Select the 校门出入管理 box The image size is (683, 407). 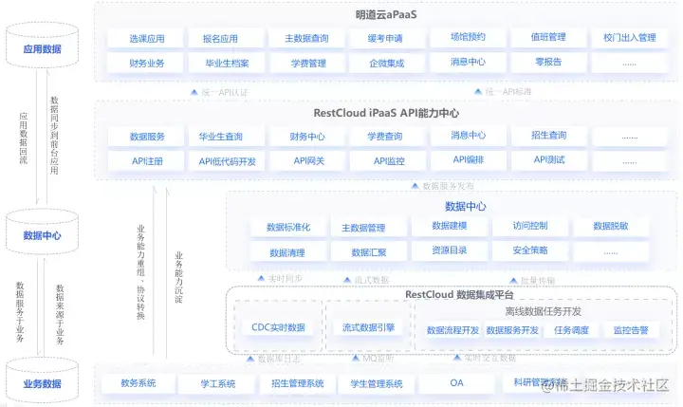click(629, 38)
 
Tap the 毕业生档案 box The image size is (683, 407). click(220, 64)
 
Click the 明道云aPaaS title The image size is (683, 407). click(386, 14)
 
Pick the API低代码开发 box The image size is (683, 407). click(228, 161)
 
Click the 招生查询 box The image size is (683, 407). click(549, 137)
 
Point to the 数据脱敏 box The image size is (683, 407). click(609, 227)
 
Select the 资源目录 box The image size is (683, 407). click(448, 251)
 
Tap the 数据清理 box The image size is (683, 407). click(286, 252)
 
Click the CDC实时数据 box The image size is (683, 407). click(278, 327)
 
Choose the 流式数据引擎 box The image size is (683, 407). click(368, 327)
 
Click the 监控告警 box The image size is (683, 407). click(630, 330)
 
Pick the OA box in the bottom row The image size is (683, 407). click(455, 383)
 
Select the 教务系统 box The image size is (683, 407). click(138, 383)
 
